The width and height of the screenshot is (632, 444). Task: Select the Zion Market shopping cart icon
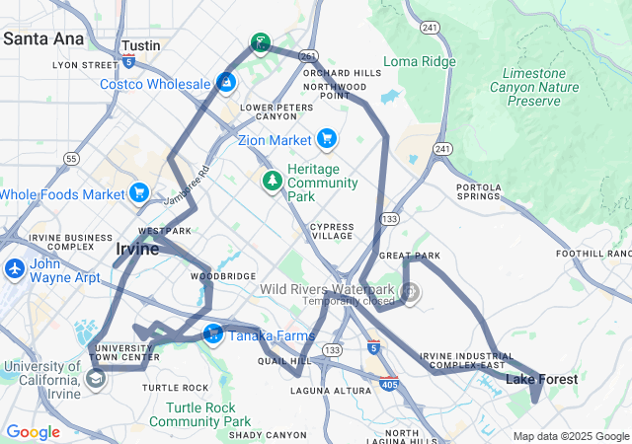[x=326, y=139]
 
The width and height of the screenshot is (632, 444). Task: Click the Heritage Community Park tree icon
[x=272, y=182]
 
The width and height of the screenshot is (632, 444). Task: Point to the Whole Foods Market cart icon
[x=139, y=193]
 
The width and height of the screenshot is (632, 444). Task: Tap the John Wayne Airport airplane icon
[x=15, y=268]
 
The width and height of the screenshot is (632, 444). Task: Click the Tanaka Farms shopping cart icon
[x=212, y=335]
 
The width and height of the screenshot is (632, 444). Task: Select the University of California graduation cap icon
[x=96, y=378]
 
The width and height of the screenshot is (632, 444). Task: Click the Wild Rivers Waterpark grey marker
[x=410, y=292]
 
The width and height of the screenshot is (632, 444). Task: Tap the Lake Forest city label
[x=542, y=379]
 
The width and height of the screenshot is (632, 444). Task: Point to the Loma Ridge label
[x=420, y=61]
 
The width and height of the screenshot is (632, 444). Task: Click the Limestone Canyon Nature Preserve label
[x=540, y=87]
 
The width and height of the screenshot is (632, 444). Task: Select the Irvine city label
[x=137, y=249]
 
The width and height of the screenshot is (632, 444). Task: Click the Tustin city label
[x=140, y=46]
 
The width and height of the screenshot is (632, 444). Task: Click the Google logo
[x=33, y=431]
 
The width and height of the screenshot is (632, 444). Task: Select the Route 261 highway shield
[x=309, y=55]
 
